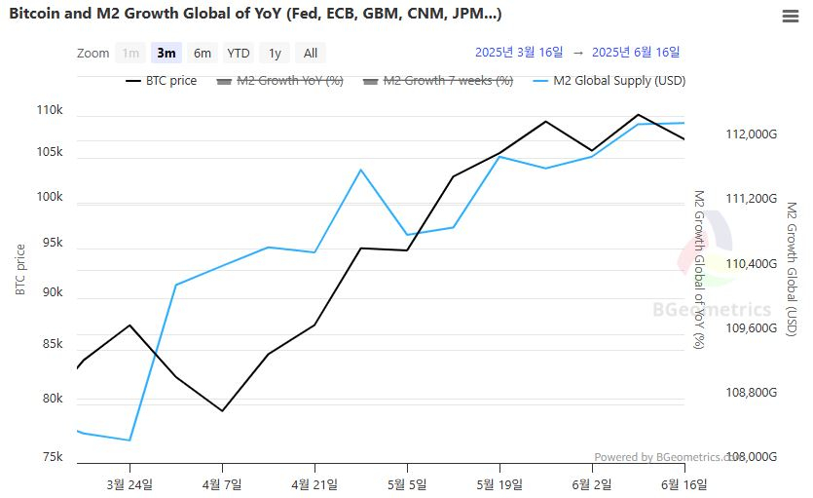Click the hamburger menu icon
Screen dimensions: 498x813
point(791,17)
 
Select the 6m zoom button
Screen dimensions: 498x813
point(203,54)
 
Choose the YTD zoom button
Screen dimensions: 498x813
point(238,54)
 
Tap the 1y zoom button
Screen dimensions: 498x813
point(275,54)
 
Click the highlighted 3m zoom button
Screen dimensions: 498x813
point(166,54)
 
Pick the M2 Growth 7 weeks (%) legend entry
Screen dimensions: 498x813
point(448,81)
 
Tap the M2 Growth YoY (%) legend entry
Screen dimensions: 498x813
point(289,81)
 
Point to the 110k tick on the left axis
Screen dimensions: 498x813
point(49,110)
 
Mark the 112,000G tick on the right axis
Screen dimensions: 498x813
point(752,134)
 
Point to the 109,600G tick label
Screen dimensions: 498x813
point(752,328)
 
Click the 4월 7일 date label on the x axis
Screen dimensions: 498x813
point(222,484)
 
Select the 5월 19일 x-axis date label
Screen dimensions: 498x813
point(499,484)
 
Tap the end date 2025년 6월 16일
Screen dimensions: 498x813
point(636,52)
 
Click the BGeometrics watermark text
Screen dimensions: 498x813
point(711,310)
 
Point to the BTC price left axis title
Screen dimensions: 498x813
point(20,269)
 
